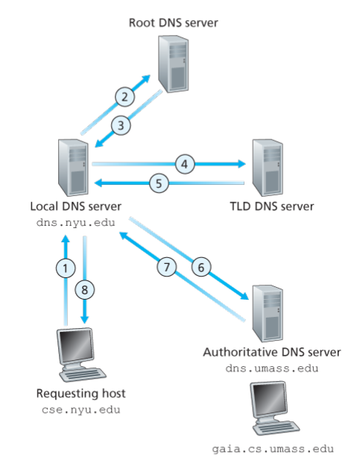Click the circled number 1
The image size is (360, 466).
point(66,268)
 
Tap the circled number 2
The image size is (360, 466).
point(124,97)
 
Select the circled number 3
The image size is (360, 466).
point(121,125)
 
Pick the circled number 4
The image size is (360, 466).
point(185,164)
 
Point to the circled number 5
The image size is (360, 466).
point(159,183)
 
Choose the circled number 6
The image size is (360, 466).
point(201,267)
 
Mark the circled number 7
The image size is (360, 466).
point(167,267)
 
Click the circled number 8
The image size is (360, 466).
point(85,290)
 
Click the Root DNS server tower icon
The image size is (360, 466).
point(174,64)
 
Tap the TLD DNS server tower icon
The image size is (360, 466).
point(268,168)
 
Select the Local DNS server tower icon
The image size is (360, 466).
point(73,168)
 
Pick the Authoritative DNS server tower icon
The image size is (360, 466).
point(268,313)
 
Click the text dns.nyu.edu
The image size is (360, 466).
point(76,223)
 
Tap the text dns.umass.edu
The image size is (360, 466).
point(272,368)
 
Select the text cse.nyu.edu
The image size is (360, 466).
point(80,410)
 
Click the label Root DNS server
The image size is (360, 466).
point(174,23)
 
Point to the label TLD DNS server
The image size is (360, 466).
point(272,207)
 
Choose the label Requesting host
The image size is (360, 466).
point(80,394)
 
